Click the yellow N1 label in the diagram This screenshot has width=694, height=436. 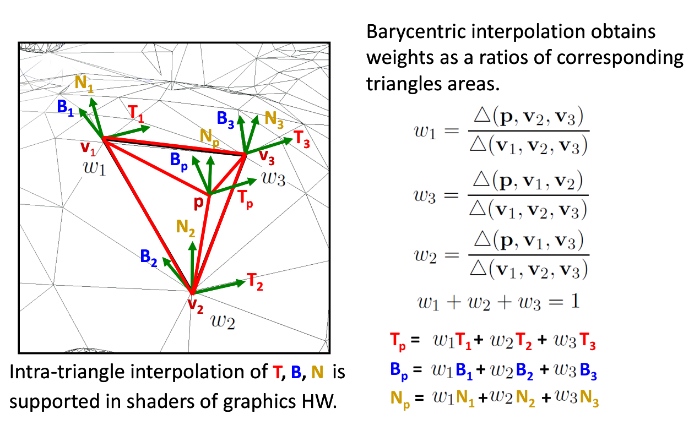[84, 84]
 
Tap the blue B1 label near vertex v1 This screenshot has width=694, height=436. [66, 108]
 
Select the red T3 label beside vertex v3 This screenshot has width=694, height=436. [301, 139]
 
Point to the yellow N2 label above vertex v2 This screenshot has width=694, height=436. [186, 228]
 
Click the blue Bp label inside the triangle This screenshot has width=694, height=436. [179, 162]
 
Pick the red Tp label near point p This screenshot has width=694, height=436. [246, 199]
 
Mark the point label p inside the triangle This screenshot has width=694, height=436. [199, 203]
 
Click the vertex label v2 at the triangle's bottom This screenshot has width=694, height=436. [196, 306]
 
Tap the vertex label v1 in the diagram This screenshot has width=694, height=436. [88, 148]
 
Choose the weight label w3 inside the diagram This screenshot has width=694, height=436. [273, 178]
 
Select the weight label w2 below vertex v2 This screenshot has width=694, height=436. [223, 321]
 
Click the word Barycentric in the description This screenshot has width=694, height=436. [416, 31]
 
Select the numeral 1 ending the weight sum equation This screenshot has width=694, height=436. [576, 301]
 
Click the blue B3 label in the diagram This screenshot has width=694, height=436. [225, 119]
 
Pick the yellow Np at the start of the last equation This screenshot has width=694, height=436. [400, 400]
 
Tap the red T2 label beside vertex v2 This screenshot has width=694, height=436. [255, 282]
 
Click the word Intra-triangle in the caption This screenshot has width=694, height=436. [67, 372]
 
